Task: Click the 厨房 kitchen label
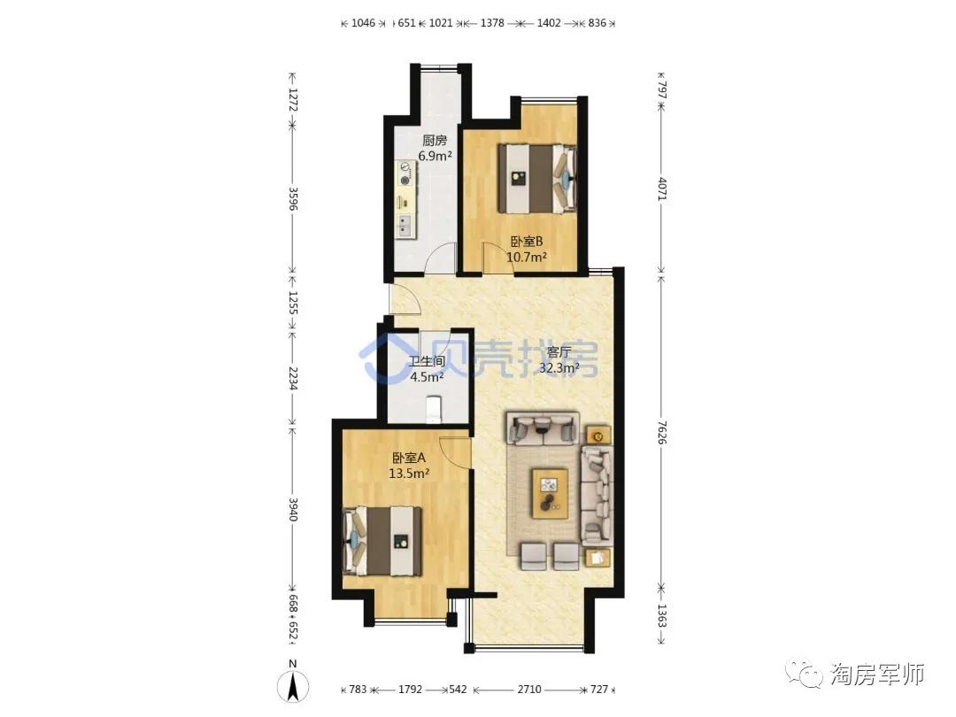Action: (435, 141)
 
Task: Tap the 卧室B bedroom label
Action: (527, 242)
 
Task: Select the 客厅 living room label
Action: (559, 352)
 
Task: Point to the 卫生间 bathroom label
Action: (427, 361)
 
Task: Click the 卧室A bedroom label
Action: (409, 458)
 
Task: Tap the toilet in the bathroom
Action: (433, 409)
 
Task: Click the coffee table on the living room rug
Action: (550, 493)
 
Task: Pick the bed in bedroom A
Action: (382, 541)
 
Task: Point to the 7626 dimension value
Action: (662, 431)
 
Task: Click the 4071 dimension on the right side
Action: (662, 189)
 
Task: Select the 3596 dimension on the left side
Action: (293, 198)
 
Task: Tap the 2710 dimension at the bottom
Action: (529, 689)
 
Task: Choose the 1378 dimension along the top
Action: (493, 23)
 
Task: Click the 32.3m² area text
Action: (559, 367)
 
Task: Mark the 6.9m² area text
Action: (435, 156)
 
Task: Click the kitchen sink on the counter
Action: (405, 225)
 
